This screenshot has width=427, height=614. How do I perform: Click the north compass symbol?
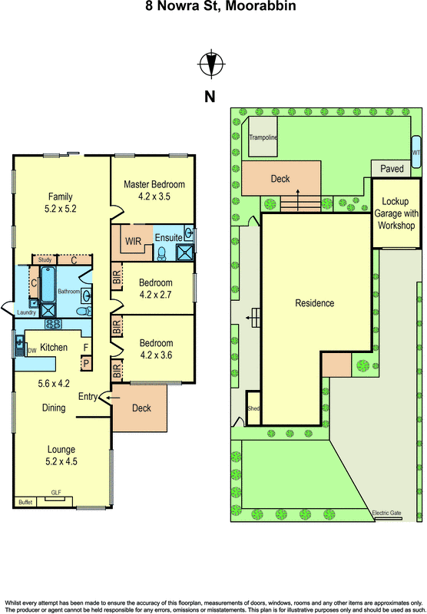coord(211,64)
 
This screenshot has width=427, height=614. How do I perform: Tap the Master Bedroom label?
coord(154,184)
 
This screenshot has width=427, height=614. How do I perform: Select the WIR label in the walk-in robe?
coord(133,241)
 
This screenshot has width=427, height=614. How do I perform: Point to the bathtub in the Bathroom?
coord(48,284)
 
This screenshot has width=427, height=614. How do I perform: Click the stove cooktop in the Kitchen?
coord(53,324)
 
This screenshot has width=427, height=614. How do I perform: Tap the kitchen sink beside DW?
coord(20,345)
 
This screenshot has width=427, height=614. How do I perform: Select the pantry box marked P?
coord(86,364)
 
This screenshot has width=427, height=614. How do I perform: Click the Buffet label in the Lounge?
coord(25,502)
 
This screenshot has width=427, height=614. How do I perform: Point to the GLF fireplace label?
coord(56,493)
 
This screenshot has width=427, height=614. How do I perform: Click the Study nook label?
coord(45,259)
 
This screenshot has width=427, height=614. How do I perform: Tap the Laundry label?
coord(27,312)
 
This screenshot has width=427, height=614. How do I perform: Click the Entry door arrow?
coord(113,398)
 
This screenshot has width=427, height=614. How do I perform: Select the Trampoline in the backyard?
coord(263,137)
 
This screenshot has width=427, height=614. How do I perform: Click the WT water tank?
coord(415,151)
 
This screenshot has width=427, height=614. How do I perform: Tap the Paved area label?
coord(392,168)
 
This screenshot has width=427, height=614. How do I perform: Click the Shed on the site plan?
coord(253,408)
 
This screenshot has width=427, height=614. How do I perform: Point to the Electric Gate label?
coord(386,513)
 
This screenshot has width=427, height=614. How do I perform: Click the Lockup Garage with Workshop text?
coord(396,213)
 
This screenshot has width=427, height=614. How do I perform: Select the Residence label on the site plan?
coord(315,303)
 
